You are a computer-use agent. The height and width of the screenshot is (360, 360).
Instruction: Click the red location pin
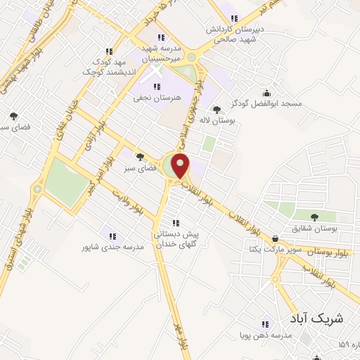pos(181,166)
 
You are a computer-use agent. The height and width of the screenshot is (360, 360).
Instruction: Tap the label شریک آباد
pos(316,318)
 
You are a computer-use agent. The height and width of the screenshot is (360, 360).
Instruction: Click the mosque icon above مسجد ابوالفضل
pos(266,93)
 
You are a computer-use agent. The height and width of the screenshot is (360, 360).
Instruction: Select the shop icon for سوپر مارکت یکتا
pos(274,239)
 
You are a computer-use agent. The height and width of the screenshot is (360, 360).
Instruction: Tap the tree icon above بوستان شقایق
pos(313,217)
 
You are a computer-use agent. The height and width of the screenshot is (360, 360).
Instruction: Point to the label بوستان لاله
pos(217,121)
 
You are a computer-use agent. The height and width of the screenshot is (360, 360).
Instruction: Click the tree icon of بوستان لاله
pos(217,109)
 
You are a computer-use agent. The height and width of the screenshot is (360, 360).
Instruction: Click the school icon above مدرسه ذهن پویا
pos(265,325)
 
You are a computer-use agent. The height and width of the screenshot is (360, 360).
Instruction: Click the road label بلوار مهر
pos(181,336)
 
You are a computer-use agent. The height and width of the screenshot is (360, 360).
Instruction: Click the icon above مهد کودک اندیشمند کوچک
pos(108,51)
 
